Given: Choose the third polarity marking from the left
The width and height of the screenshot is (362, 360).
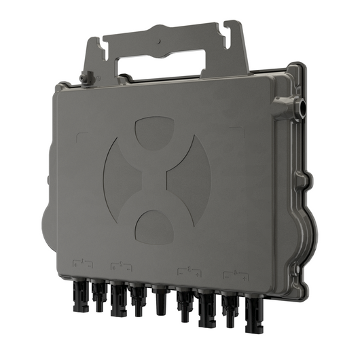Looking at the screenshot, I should click(189, 272).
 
